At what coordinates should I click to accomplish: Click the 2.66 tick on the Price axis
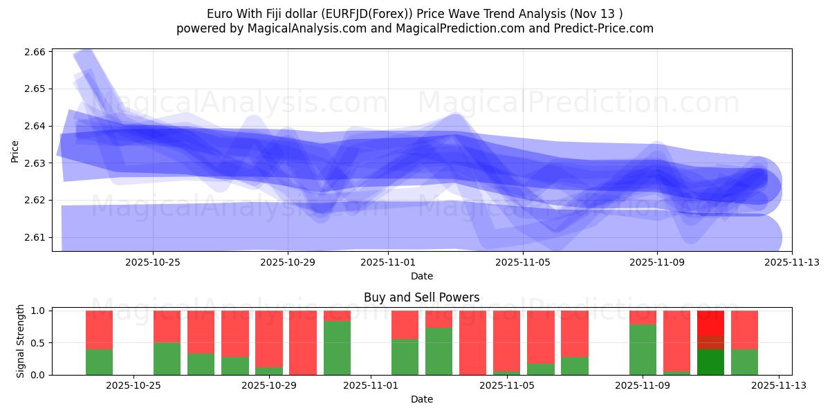pyautogui.click(x=35, y=52)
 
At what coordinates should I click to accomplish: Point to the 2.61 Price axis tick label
pyautogui.click(x=35, y=237)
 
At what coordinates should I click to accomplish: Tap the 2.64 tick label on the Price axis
pyautogui.click(x=35, y=126)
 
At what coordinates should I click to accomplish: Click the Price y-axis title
pyautogui.click(x=15, y=151)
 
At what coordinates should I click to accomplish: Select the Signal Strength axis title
pyautogui.click(x=21, y=341)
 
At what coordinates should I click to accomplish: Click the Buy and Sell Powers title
pyautogui.click(x=421, y=298)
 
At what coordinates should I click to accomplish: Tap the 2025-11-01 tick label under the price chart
pyautogui.click(x=388, y=262)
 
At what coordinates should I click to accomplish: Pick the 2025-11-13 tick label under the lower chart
pyautogui.click(x=779, y=386)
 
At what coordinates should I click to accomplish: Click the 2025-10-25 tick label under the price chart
pyautogui.click(x=153, y=262)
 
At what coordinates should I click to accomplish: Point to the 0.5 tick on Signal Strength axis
pyautogui.click(x=38, y=343)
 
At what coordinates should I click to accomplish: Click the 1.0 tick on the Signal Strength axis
pyautogui.click(x=38, y=311)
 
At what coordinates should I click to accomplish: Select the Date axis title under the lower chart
pyautogui.click(x=421, y=399)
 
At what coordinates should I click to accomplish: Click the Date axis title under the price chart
pyautogui.click(x=421, y=276)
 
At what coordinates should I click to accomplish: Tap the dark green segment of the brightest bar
pyautogui.click(x=710, y=362)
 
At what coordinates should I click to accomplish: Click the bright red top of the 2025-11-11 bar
pyautogui.click(x=710, y=323)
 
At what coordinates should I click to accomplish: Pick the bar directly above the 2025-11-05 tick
pyautogui.click(x=506, y=342)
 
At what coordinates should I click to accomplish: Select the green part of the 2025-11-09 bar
pyautogui.click(x=643, y=349)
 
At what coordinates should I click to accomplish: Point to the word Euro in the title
pyautogui.click(x=220, y=14)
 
